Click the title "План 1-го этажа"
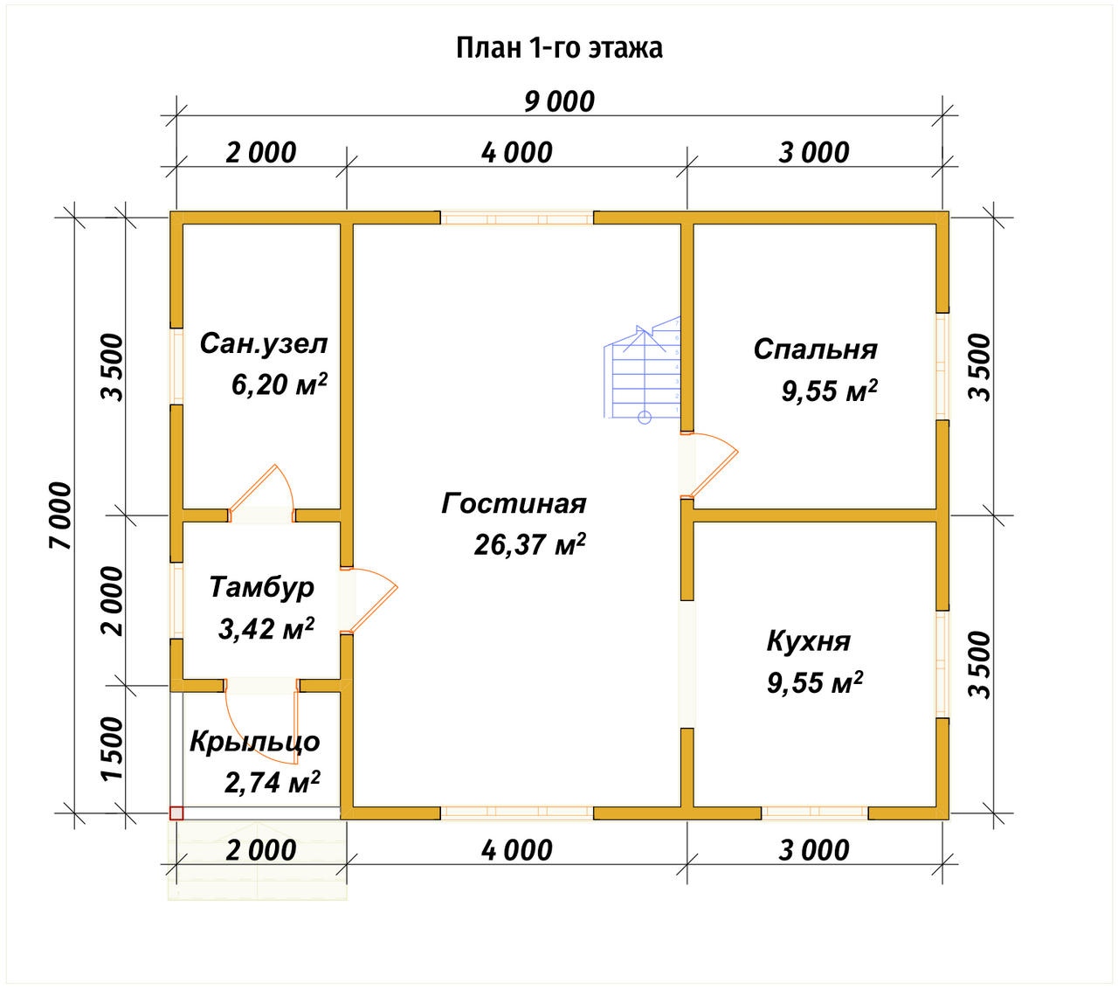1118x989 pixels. click(559, 47)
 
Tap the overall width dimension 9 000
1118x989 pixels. click(559, 101)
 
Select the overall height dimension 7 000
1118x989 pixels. click(61, 515)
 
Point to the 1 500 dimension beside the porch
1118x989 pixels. click(113, 750)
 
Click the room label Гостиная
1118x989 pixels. click(514, 504)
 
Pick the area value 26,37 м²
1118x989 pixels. click(529, 545)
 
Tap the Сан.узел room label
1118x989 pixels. click(263, 343)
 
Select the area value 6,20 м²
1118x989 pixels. click(279, 384)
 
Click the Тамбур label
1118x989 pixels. click(261, 587)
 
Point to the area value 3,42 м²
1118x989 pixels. click(266, 628)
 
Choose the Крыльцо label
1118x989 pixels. click(254, 742)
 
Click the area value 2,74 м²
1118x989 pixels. click(272, 782)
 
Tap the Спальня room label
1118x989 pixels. click(815, 349)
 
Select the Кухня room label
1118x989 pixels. click(808, 641)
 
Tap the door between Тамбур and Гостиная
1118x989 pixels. click(371, 599)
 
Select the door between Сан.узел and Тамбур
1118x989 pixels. click(262, 493)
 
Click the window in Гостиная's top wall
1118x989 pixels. click(516, 218)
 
